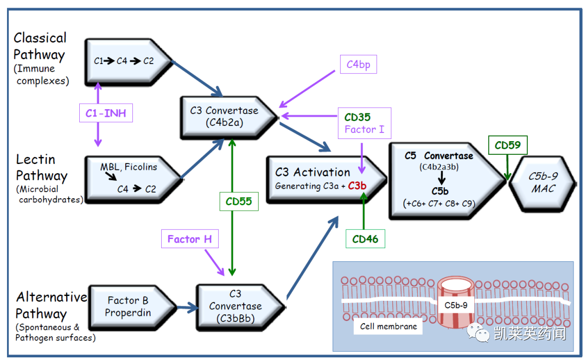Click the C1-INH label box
(x=105, y=113)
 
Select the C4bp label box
(x=358, y=65)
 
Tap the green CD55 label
(x=239, y=201)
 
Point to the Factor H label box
(x=189, y=239)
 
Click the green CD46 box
(x=365, y=238)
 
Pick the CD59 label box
(x=507, y=146)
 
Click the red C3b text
(x=358, y=186)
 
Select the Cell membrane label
(x=388, y=326)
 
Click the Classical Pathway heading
(x=40, y=46)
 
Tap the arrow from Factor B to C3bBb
(x=187, y=308)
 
